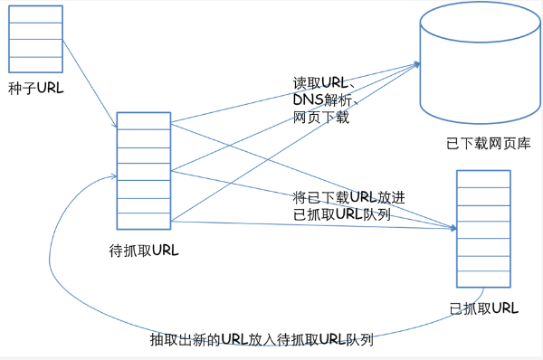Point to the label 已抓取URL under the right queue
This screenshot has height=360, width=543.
pos(484,308)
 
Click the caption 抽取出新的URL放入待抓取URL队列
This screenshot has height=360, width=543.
pos(262,341)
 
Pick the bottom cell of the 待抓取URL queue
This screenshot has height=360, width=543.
pos(144,223)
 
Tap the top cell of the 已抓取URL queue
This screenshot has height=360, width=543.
pos(483,178)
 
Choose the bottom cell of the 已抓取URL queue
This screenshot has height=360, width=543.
pos(483,279)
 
